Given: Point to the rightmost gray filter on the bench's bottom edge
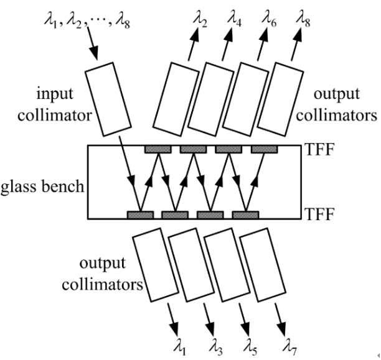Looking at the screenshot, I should pyautogui.click(x=246, y=215).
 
